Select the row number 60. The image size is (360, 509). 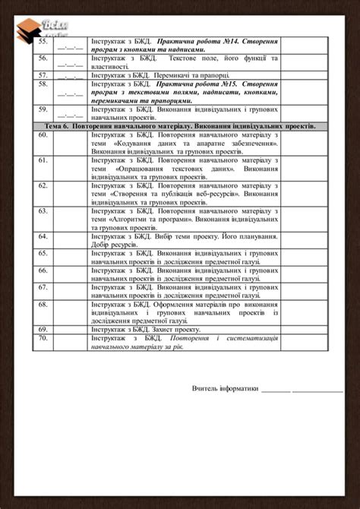(x=43, y=134)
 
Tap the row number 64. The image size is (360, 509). (x=43, y=236)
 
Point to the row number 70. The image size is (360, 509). (x=43, y=337)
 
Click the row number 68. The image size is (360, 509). (x=43, y=304)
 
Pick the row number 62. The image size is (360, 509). (x=43, y=185)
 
